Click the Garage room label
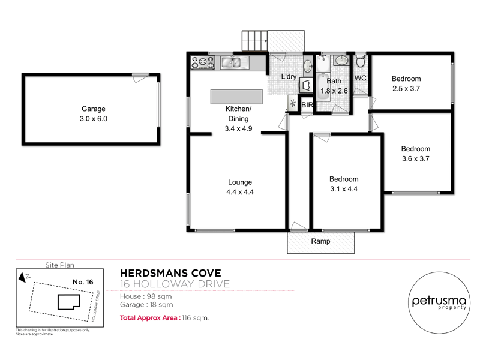click(93, 109)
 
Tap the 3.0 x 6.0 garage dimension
click(93, 119)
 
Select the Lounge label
click(239, 182)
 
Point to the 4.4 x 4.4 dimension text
click(239, 192)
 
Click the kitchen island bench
click(236, 97)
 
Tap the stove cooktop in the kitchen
click(203, 61)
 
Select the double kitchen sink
click(230, 61)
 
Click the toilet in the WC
click(360, 62)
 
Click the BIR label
click(307, 105)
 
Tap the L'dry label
click(290, 77)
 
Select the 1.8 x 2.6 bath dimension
click(334, 91)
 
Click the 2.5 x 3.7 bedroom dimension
click(406, 89)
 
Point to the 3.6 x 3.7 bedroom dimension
click(415, 159)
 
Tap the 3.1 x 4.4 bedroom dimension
click(344, 189)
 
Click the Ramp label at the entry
click(320, 241)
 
